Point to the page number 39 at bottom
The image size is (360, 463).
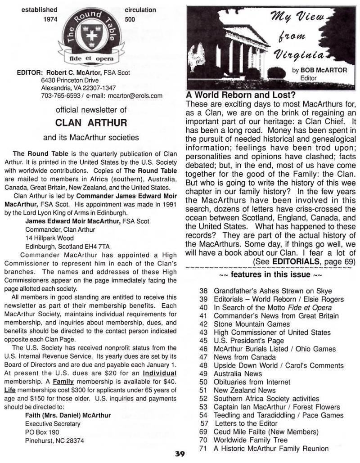[x=180, y=454]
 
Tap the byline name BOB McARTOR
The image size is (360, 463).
[x=315, y=70]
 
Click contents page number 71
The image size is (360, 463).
[x=203, y=448]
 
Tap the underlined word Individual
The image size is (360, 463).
[x=159, y=373]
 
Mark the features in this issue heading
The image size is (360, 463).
[x=270, y=274]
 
